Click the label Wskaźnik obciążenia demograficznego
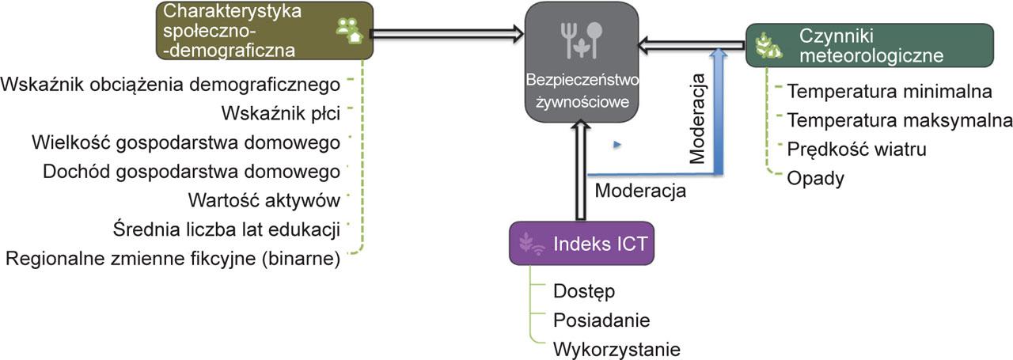point(171,85)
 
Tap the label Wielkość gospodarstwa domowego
point(187,142)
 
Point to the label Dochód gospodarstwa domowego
point(192,172)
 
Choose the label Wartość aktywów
point(264,200)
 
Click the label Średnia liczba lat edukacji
point(227,229)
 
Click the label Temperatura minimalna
point(890,91)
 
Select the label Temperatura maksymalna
point(900,120)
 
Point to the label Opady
point(815,178)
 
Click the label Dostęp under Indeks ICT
point(584,291)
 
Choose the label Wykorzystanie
point(617,349)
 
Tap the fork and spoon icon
point(582,40)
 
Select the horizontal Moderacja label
point(640,191)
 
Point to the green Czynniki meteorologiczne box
point(869,45)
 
